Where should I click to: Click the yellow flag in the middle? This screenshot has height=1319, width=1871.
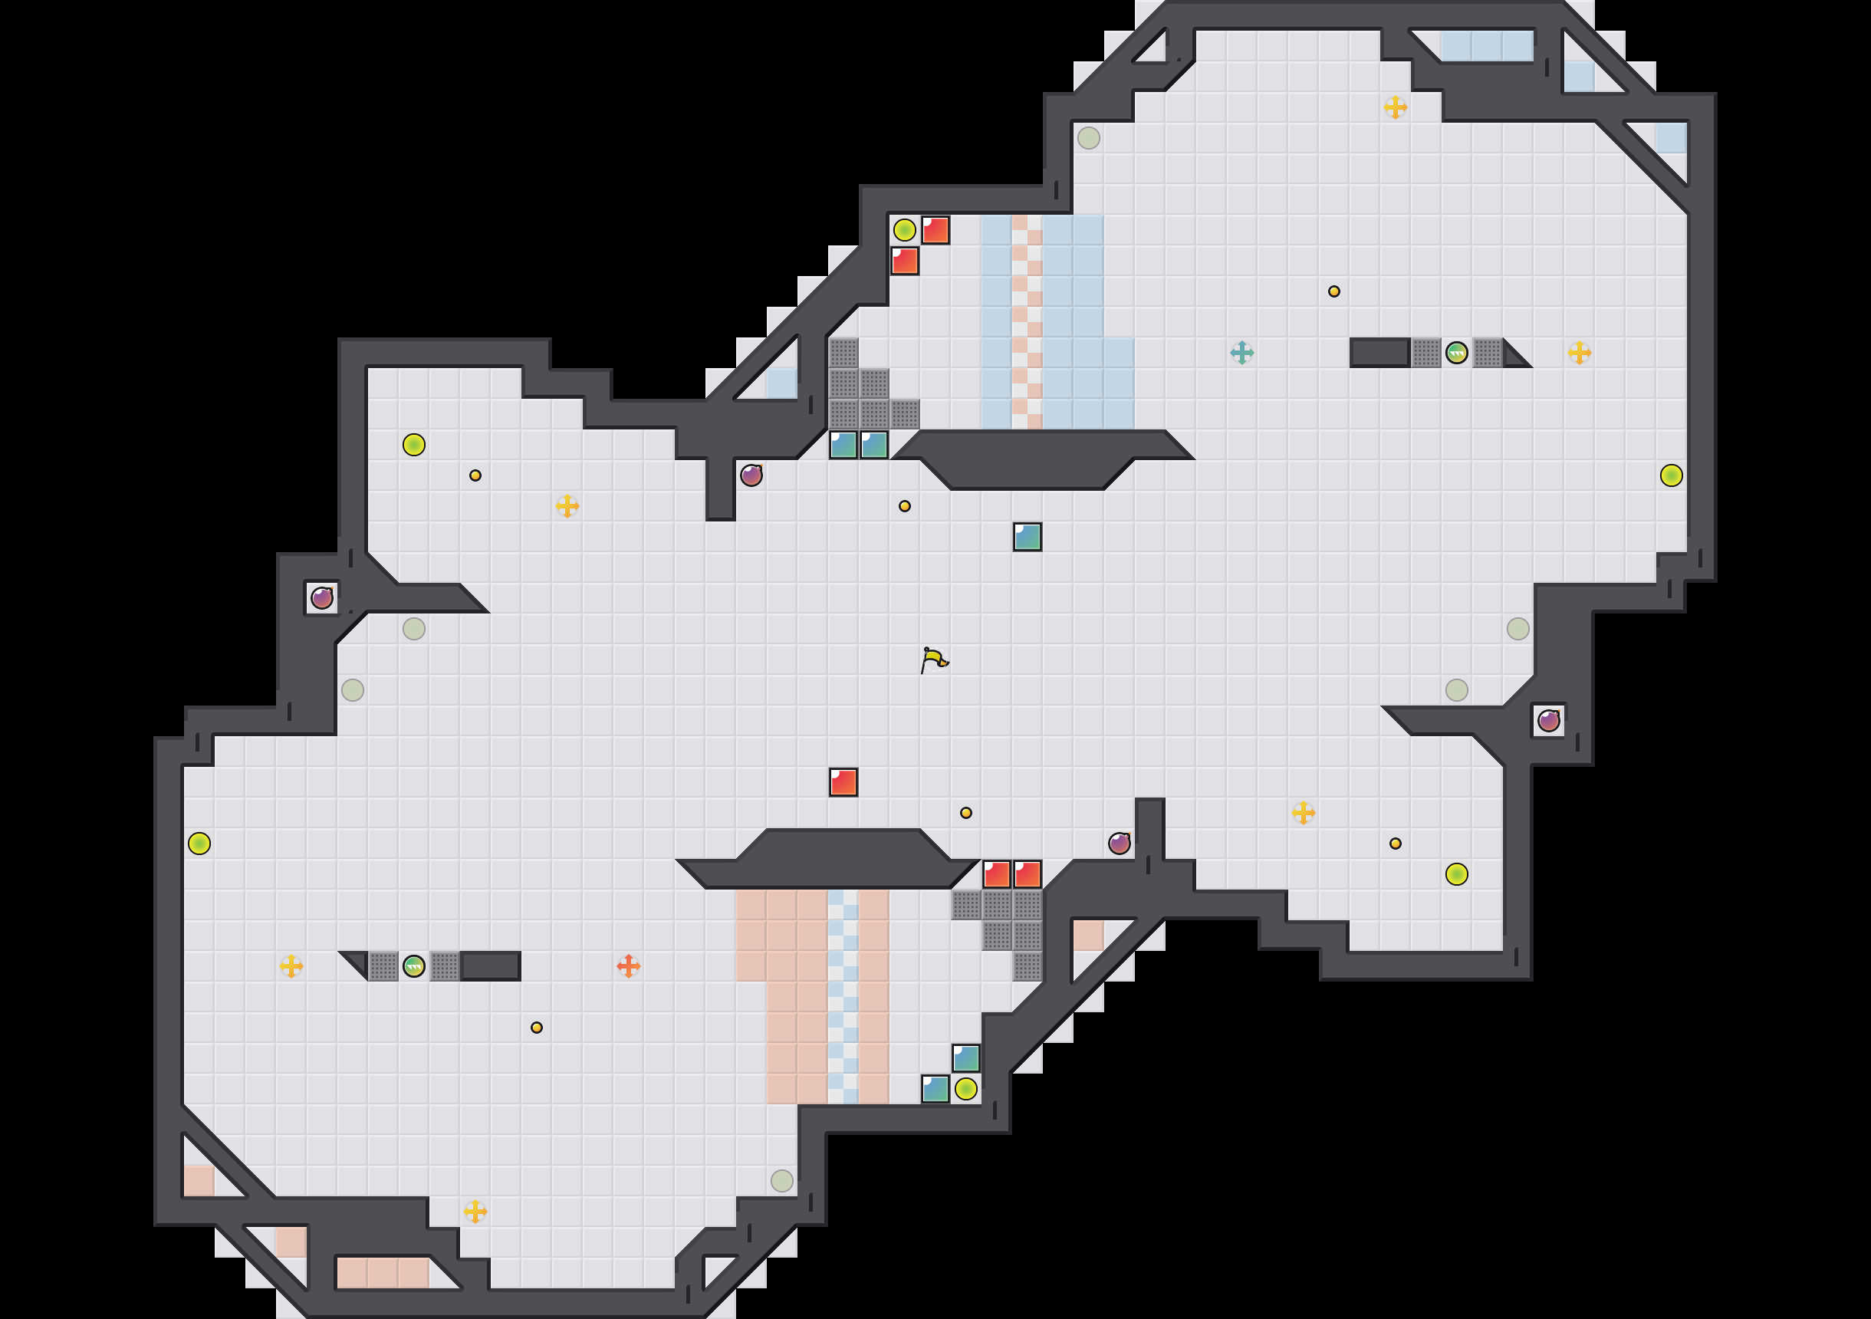click(x=934, y=659)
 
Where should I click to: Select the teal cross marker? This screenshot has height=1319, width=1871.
click(x=1241, y=352)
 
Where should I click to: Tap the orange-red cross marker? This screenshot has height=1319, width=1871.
click(x=628, y=966)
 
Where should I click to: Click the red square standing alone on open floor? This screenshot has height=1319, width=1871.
click(x=843, y=781)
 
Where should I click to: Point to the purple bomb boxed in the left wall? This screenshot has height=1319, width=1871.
click(x=322, y=597)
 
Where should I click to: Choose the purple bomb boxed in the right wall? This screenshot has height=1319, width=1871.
click(x=1548, y=720)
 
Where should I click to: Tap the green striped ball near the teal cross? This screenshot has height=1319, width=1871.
click(x=1456, y=352)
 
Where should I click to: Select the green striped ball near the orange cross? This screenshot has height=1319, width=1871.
click(x=414, y=966)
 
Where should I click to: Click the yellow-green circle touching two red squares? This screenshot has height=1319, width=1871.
click(x=904, y=230)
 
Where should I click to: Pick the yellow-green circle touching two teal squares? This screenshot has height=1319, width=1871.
click(x=965, y=1088)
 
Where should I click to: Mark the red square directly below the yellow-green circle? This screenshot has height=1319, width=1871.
click(x=904, y=261)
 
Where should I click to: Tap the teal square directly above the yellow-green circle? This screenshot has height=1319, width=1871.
click(x=965, y=1058)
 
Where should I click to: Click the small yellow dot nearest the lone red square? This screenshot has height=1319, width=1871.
click(x=965, y=813)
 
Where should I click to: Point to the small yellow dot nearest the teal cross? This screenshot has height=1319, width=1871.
click(x=1334, y=291)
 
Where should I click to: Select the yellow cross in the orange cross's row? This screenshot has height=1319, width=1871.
click(x=291, y=966)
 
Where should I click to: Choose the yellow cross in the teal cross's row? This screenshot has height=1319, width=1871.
click(x=1580, y=352)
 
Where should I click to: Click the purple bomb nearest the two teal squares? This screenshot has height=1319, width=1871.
click(x=751, y=475)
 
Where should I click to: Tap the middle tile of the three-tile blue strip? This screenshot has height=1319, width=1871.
click(x=1486, y=46)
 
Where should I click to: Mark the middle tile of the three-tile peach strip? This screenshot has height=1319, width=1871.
click(x=383, y=1272)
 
